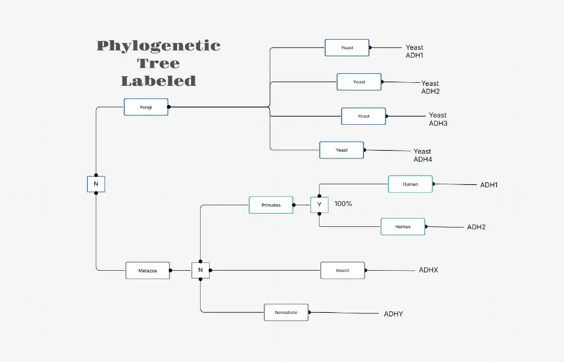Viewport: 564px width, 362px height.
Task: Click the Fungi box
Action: pos(146,107)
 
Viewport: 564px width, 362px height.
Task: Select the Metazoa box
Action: pos(147,270)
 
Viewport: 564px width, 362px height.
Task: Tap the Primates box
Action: pos(271,205)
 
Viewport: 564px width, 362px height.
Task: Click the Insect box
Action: pos(342,270)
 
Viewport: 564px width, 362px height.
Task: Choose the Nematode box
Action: pos(286,312)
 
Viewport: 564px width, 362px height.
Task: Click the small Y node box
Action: pos(319,205)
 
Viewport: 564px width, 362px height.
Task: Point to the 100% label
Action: pos(343,204)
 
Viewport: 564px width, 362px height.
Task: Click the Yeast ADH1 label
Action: pos(414,52)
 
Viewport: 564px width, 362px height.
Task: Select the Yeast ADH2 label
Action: pos(430,88)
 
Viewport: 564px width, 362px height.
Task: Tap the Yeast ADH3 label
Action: pos(438,119)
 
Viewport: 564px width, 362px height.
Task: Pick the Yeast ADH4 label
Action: pos(422,155)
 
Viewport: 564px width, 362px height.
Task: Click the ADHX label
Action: pos(428,270)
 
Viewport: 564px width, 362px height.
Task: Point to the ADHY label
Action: pos(393,314)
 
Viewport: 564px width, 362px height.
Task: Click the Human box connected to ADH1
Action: pos(410,184)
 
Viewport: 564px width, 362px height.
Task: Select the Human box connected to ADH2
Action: pos(403,226)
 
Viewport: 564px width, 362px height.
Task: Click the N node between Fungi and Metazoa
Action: pos(96,184)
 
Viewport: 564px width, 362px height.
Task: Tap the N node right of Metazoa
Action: pos(201,270)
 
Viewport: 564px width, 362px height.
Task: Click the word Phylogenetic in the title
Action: pos(159,46)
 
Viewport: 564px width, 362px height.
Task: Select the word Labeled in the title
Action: pos(159,81)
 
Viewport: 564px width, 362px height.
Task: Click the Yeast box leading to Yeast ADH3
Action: pos(363,116)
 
